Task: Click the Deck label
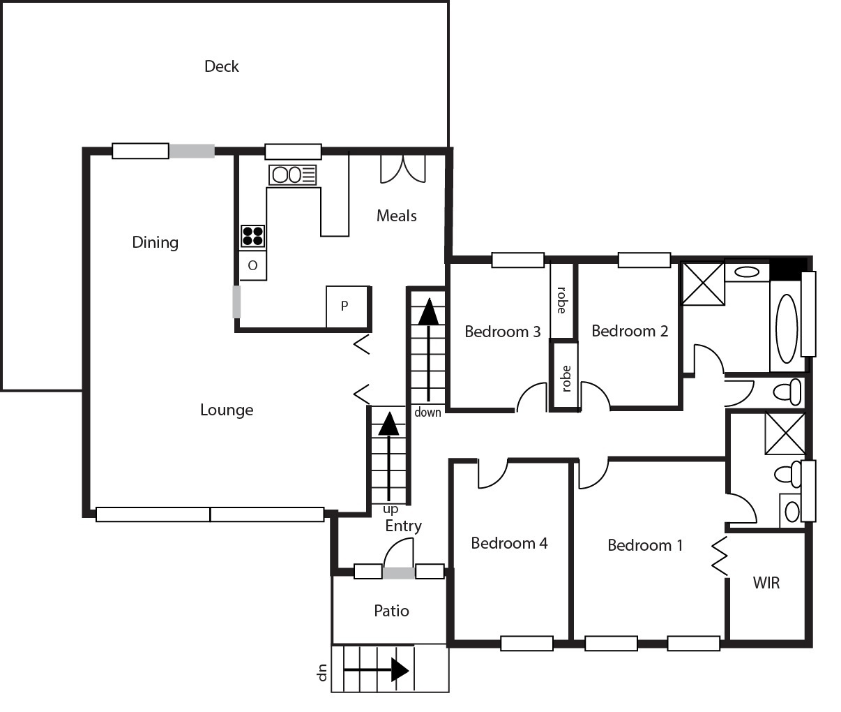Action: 221,66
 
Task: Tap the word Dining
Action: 155,243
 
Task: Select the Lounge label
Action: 227,410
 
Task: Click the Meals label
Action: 396,216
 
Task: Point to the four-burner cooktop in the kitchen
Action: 252,236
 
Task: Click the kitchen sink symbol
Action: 293,175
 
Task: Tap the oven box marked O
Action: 252,265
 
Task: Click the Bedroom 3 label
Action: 503,332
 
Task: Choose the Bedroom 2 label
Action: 630,331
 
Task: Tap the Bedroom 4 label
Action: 509,543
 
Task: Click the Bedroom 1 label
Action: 645,545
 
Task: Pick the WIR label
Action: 766,584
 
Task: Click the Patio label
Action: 391,611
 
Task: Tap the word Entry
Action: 403,526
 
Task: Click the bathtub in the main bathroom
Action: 787,329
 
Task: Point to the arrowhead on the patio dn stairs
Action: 400,669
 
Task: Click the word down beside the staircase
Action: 427,413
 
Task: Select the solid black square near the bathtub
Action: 788,269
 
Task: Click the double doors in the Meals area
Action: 403,169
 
